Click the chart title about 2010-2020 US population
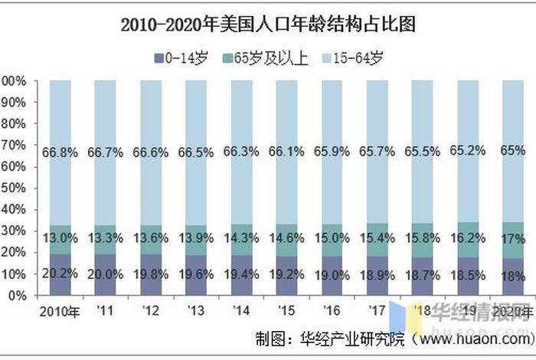(x=268, y=25)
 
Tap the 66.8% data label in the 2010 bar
(x=61, y=153)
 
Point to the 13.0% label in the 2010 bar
(x=61, y=237)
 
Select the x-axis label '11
(x=106, y=311)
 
